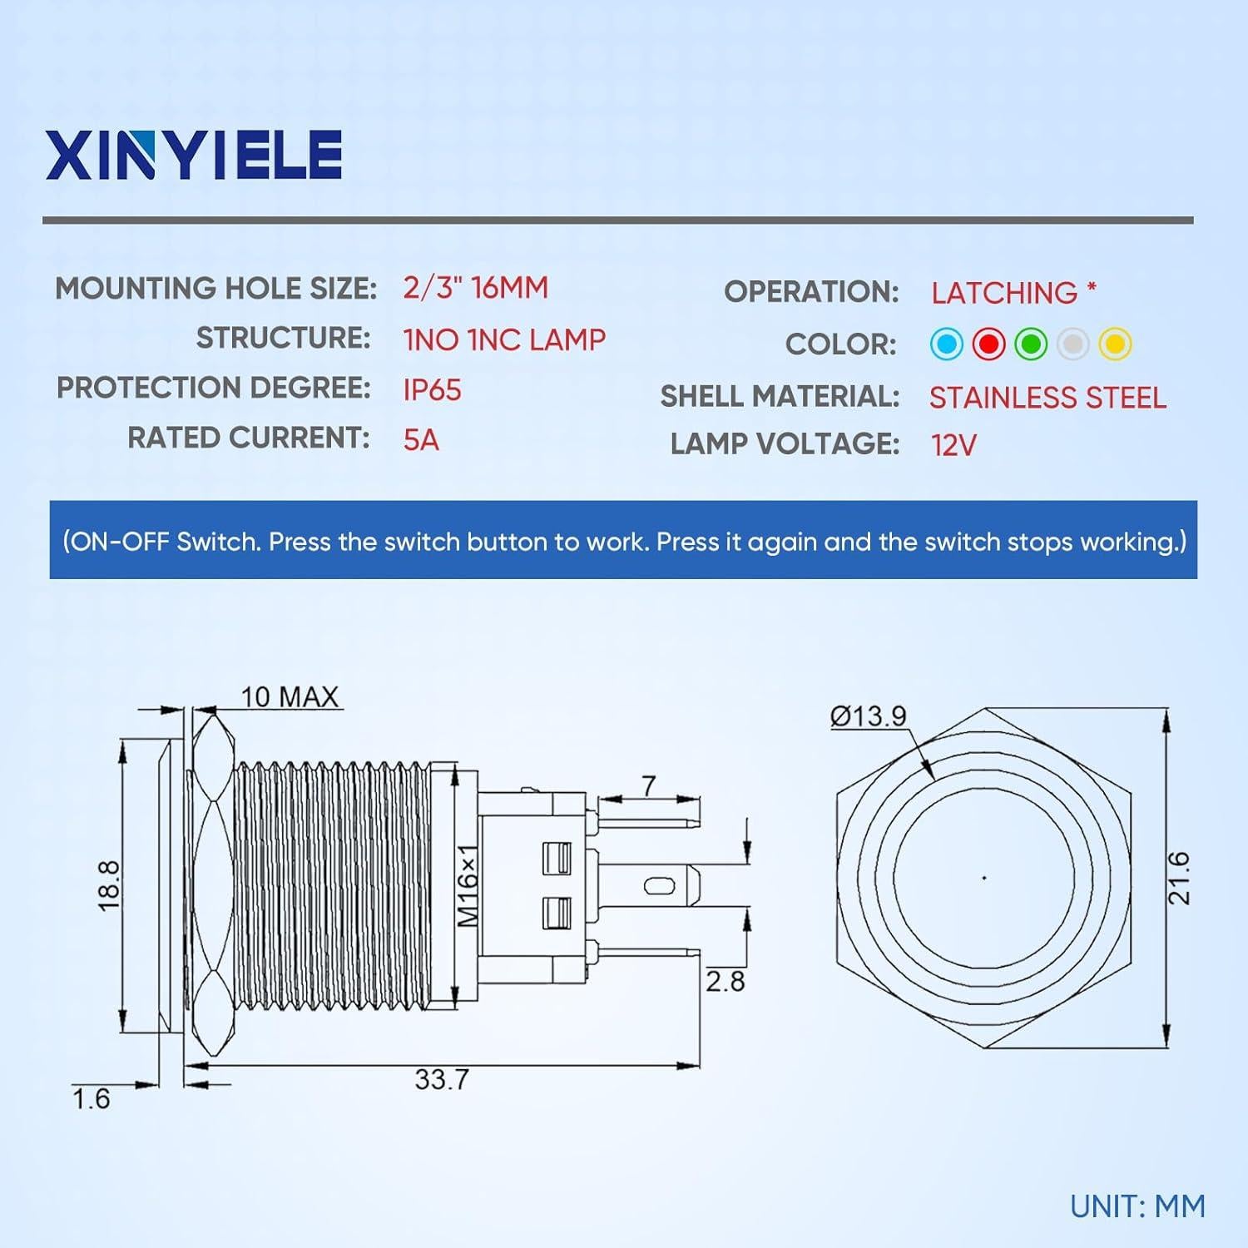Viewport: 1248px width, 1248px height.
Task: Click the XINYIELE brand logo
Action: (x=194, y=155)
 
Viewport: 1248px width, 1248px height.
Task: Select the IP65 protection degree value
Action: (x=432, y=390)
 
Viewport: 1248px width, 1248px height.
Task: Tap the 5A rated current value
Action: (x=421, y=439)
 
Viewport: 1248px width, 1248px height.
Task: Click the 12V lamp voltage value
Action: (x=953, y=445)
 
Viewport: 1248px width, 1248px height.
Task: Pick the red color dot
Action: (x=988, y=344)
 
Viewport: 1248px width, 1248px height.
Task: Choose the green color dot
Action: (x=1031, y=344)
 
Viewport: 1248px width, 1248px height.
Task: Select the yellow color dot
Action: (x=1115, y=344)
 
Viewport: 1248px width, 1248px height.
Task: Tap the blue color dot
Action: (x=947, y=344)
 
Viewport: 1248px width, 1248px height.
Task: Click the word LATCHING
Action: (x=1004, y=293)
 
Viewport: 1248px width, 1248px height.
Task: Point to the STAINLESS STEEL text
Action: (x=1047, y=398)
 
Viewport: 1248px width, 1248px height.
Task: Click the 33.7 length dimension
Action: (x=442, y=1080)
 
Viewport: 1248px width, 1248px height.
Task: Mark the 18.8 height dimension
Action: (x=110, y=885)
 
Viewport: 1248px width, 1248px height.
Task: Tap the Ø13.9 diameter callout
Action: (x=868, y=716)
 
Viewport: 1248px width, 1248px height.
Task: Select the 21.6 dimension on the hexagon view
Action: (x=1178, y=878)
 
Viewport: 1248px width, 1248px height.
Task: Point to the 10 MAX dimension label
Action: (x=290, y=696)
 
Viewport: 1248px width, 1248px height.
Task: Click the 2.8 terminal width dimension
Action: (x=725, y=981)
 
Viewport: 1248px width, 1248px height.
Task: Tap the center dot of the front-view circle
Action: (x=984, y=878)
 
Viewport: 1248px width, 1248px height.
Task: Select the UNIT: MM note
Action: (x=1137, y=1206)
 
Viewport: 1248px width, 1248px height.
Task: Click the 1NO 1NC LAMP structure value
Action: (x=504, y=339)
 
